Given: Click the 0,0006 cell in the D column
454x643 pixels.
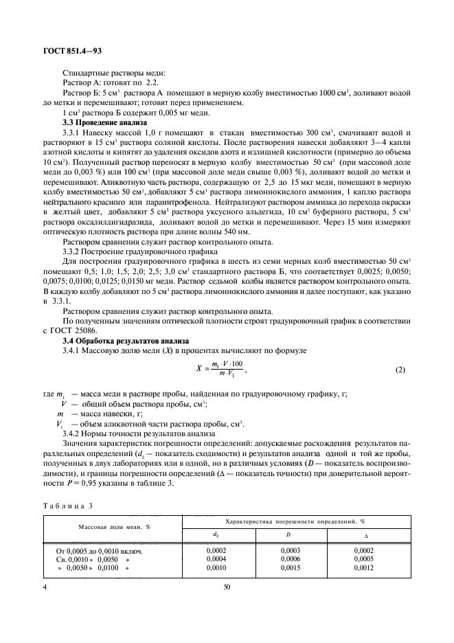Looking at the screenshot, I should coord(291,560).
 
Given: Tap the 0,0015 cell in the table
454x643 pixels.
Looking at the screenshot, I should coord(291,569).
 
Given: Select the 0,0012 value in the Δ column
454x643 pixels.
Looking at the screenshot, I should coord(364,569).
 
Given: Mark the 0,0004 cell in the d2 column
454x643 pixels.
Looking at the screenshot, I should coord(216,560).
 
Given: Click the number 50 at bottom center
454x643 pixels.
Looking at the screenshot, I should coord(227,587).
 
